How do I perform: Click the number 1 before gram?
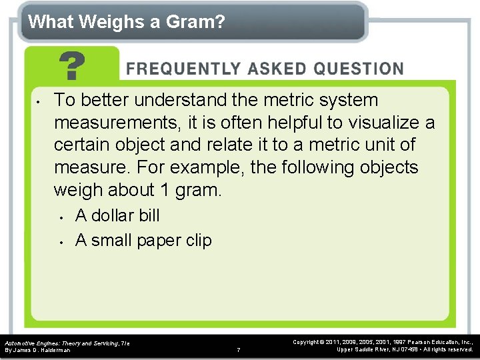click(x=165, y=190)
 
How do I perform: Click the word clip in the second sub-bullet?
click(x=198, y=240)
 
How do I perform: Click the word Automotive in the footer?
click(x=20, y=343)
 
